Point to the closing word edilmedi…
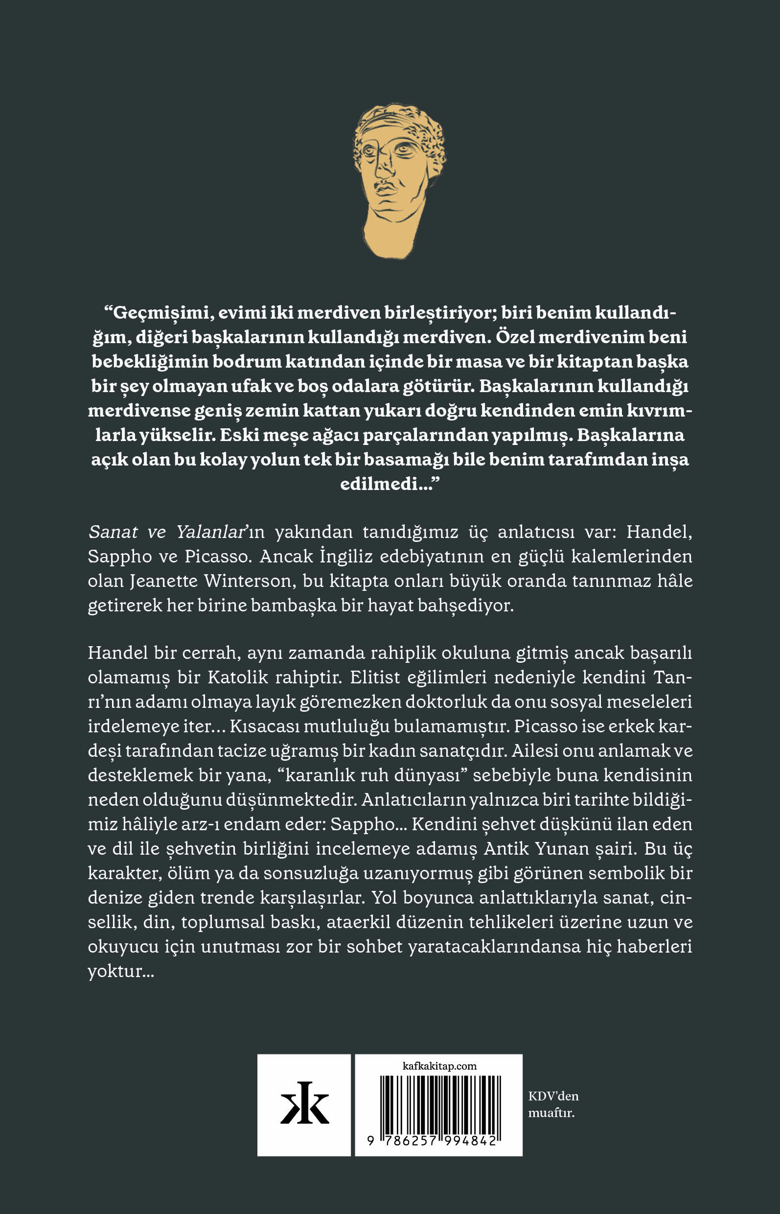(389, 484)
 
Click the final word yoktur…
(120, 971)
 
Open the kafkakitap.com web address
(439, 1066)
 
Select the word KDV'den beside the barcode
(553, 1096)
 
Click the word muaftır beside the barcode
(551, 1113)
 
